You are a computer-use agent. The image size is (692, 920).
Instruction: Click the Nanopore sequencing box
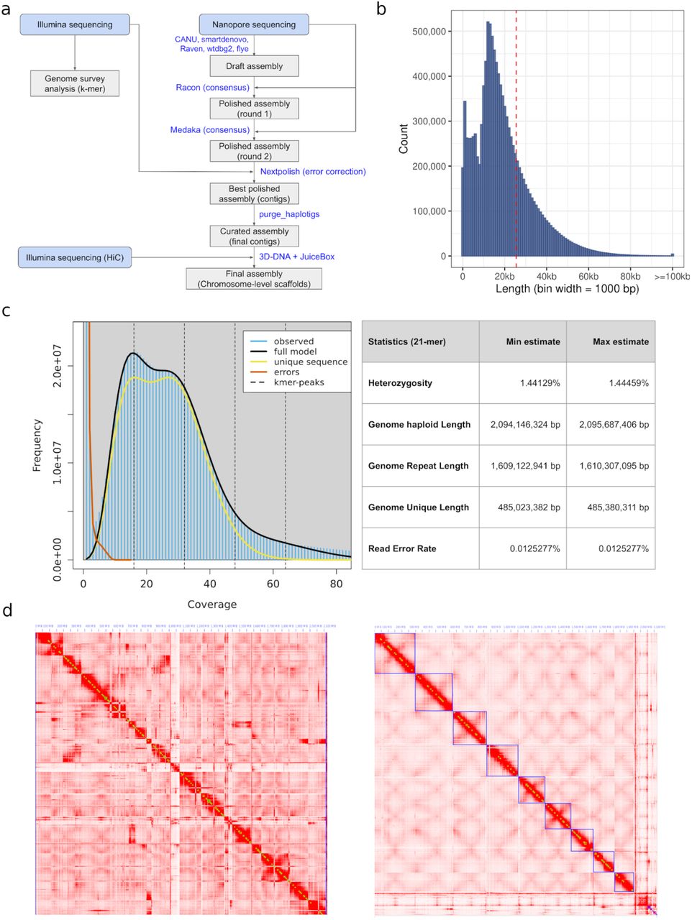[x=254, y=24]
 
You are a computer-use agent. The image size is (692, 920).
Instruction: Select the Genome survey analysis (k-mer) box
[x=75, y=83]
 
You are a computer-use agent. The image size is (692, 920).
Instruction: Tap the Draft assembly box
[x=254, y=66]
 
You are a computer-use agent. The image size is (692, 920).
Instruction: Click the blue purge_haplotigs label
[x=289, y=214]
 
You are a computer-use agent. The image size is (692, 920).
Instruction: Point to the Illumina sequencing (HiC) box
[x=75, y=257]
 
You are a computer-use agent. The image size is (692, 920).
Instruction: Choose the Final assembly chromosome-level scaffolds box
[x=254, y=279]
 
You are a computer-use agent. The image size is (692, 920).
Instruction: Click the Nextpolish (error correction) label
[x=312, y=172]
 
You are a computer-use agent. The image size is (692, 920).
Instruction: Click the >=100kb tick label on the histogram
[x=672, y=277]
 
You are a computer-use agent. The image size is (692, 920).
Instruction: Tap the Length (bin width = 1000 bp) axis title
[x=567, y=289]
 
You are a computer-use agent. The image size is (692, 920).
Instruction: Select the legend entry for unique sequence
[x=310, y=362]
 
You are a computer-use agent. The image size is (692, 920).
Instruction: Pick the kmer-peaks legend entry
[x=299, y=382]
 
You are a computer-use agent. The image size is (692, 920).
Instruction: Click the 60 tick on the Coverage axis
[x=273, y=584]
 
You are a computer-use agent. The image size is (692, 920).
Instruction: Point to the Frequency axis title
[x=37, y=446]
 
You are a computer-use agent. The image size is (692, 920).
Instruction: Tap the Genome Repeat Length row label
[x=418, y=466]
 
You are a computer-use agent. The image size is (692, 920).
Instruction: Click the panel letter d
[x=7, y=611]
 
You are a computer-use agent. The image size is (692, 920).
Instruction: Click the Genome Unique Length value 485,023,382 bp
[x=529, y=507]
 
